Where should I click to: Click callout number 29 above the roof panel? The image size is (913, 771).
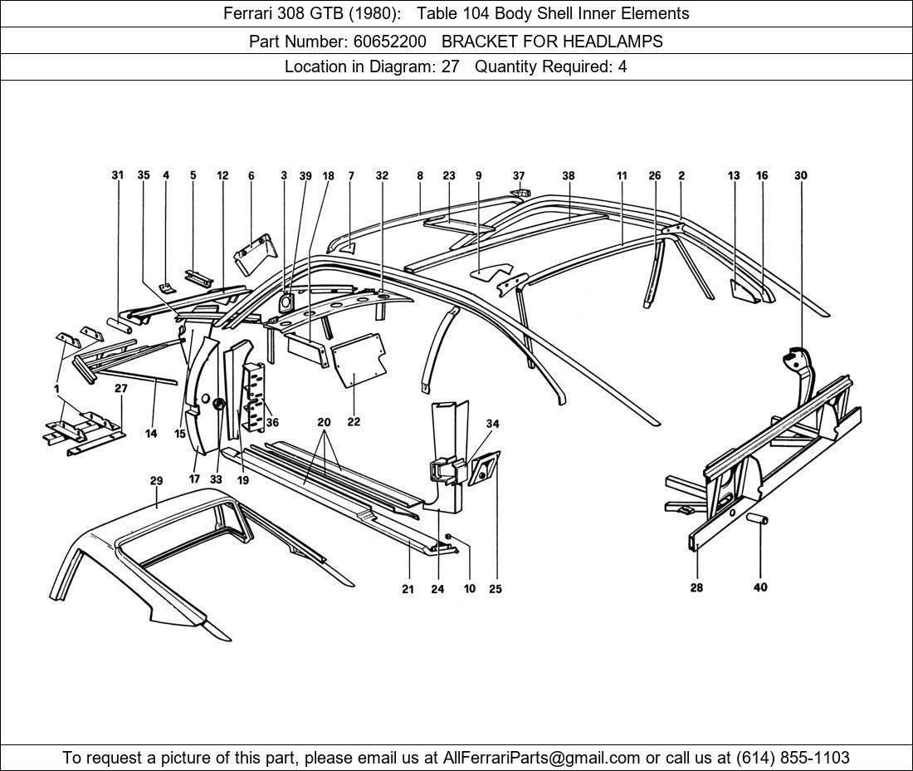[x=156, y=481]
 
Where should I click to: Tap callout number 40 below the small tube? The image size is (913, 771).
[x=760, y=587]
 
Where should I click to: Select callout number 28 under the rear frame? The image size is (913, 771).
[x=696, y=587]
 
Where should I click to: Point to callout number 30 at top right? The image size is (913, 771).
[x=800, y=175]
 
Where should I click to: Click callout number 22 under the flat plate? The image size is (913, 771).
[x=354, y=422]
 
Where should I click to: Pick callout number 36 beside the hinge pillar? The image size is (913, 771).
[x=272, y=423]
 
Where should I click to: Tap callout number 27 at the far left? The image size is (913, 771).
[x=121, y=388]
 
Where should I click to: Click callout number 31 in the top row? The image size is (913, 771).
[x=118, y=175]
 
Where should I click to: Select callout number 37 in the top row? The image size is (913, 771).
[x=519, y=175]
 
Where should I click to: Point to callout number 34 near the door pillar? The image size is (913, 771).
[x=492, y=424]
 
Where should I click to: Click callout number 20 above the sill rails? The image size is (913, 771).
[x=324, y=422]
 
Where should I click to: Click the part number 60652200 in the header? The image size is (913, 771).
[x=388, y=41]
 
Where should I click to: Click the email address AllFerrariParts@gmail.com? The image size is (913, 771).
[x=542, y=758]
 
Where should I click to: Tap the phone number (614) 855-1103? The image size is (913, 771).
[x=791, y=758]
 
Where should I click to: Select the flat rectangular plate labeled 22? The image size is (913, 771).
[x=359, y=359]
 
